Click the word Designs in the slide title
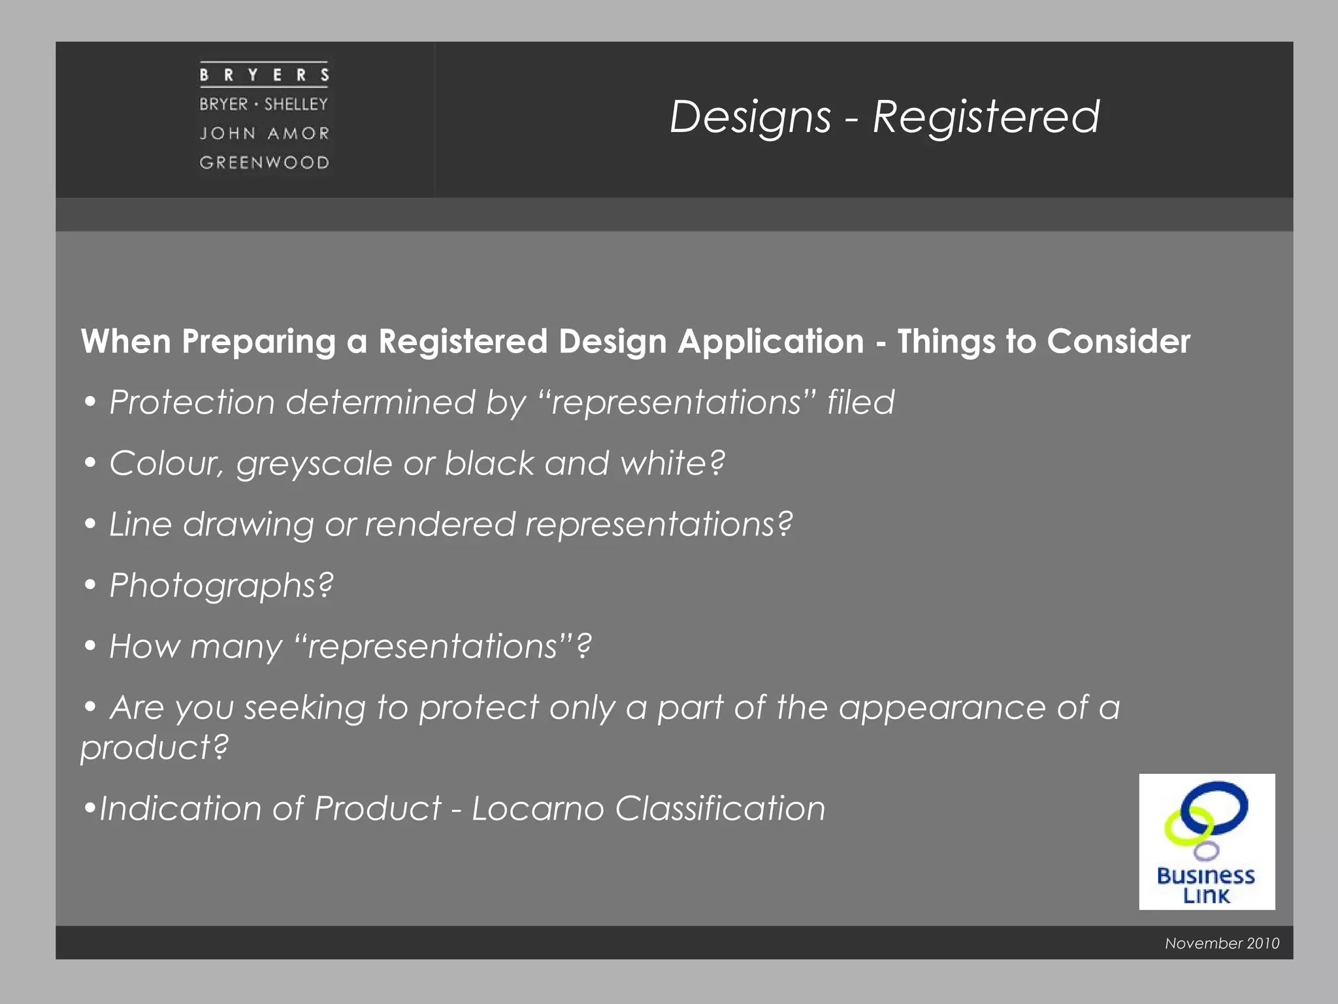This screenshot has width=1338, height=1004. pos(750,118)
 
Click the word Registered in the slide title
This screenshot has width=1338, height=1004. pos(986,118)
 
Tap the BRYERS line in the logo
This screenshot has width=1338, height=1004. pos(264,75)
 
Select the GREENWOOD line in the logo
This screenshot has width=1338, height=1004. pos(264,162)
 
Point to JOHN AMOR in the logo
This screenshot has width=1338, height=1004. pos(264,133)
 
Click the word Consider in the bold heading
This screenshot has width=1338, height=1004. pos(1118,341)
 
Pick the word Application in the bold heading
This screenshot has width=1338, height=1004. pos(770,343)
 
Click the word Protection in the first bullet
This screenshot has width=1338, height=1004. pos(192,402)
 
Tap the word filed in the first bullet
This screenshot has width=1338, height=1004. pos(860,401)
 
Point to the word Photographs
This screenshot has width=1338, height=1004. pos(221,586)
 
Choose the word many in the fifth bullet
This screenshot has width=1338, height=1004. pos(237,647)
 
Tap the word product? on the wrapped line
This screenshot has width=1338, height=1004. pos(154,747)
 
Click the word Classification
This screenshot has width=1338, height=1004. pos(720,809)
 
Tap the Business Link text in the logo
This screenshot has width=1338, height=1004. pos(1206,885)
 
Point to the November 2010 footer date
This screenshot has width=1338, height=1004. pos(1222,943)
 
